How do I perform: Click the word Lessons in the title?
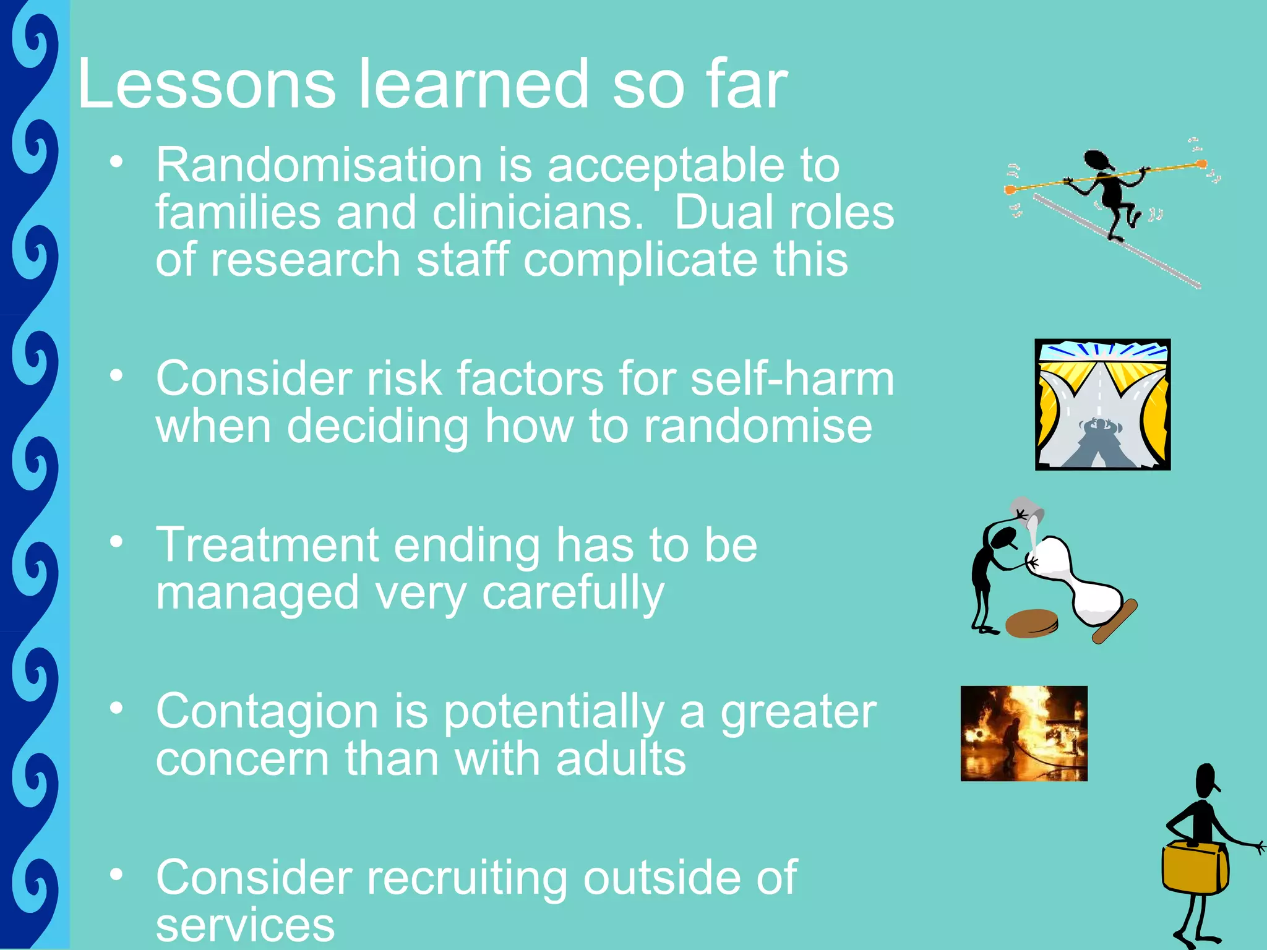(x=207, y=84)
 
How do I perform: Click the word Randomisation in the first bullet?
(x=319, y=166)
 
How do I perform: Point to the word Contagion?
(x=267, y=712)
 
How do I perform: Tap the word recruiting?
(x=466, y=878)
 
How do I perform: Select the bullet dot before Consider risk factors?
(x=116, y=375)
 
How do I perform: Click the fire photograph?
(x=1024, y=734)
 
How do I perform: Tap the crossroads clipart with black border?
(x=1102, y=404)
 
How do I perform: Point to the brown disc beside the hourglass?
(x=1031, y=623)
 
